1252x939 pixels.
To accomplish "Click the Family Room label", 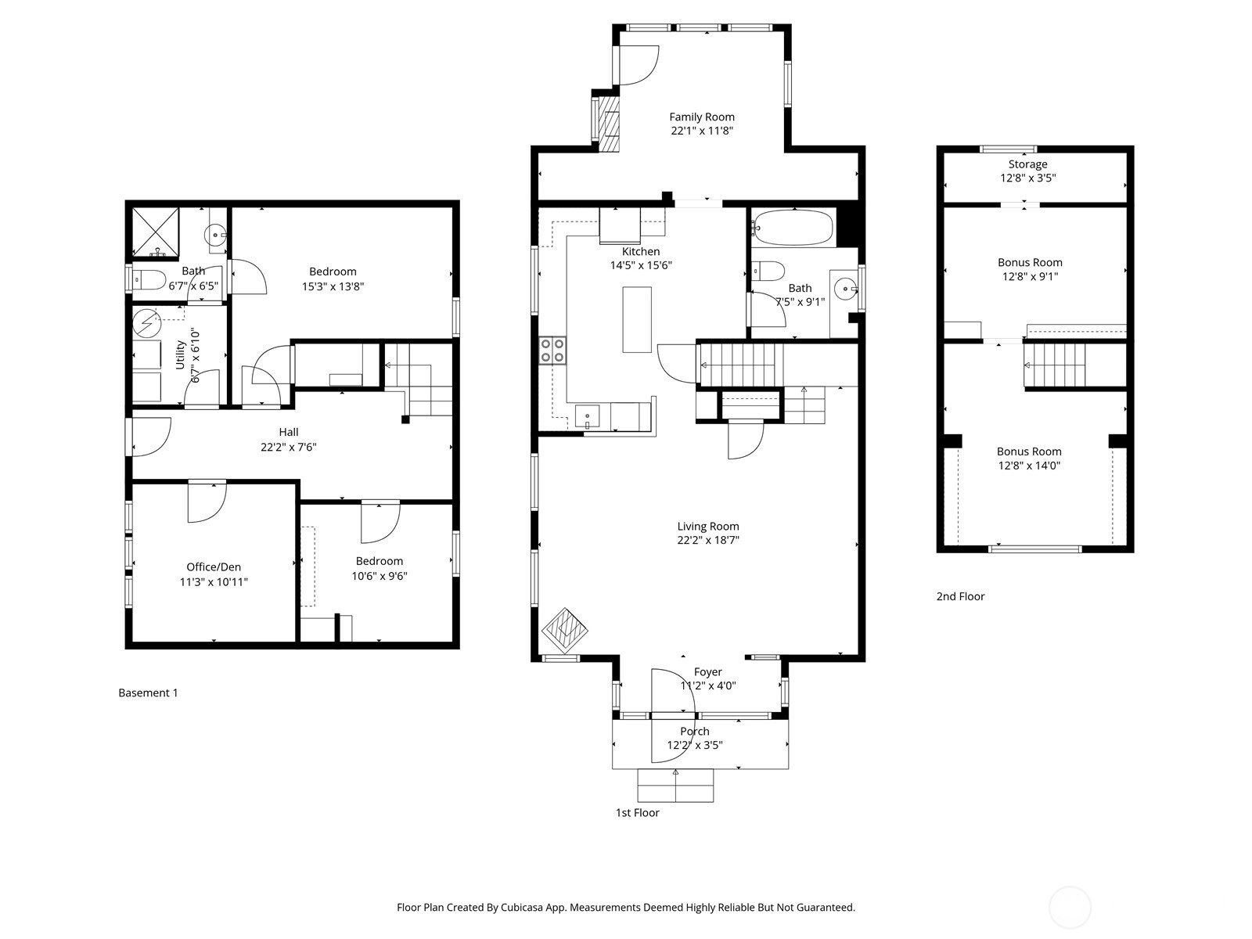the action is (702, 117).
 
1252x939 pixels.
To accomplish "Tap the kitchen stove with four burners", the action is (552, 351).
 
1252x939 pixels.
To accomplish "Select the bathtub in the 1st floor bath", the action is (793, 228).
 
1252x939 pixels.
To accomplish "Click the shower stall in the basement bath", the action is (155, 232).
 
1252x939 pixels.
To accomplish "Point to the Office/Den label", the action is (214, 567).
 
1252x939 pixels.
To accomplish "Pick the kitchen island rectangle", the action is (636, 320).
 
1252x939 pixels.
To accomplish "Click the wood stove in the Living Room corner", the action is (565, 631).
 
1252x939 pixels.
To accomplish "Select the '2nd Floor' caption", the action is (961, 596).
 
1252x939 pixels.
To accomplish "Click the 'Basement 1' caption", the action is (149, 693).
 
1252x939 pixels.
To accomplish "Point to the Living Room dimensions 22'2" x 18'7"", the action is (708, 540).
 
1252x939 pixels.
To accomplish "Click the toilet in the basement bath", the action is (149, 280).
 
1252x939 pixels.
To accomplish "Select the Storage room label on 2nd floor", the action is (1028, 164).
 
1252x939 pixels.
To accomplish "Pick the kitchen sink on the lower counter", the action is (587, 416).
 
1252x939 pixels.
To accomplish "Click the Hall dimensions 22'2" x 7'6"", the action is (289, 447).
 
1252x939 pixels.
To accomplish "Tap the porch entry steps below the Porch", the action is (675, 786).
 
